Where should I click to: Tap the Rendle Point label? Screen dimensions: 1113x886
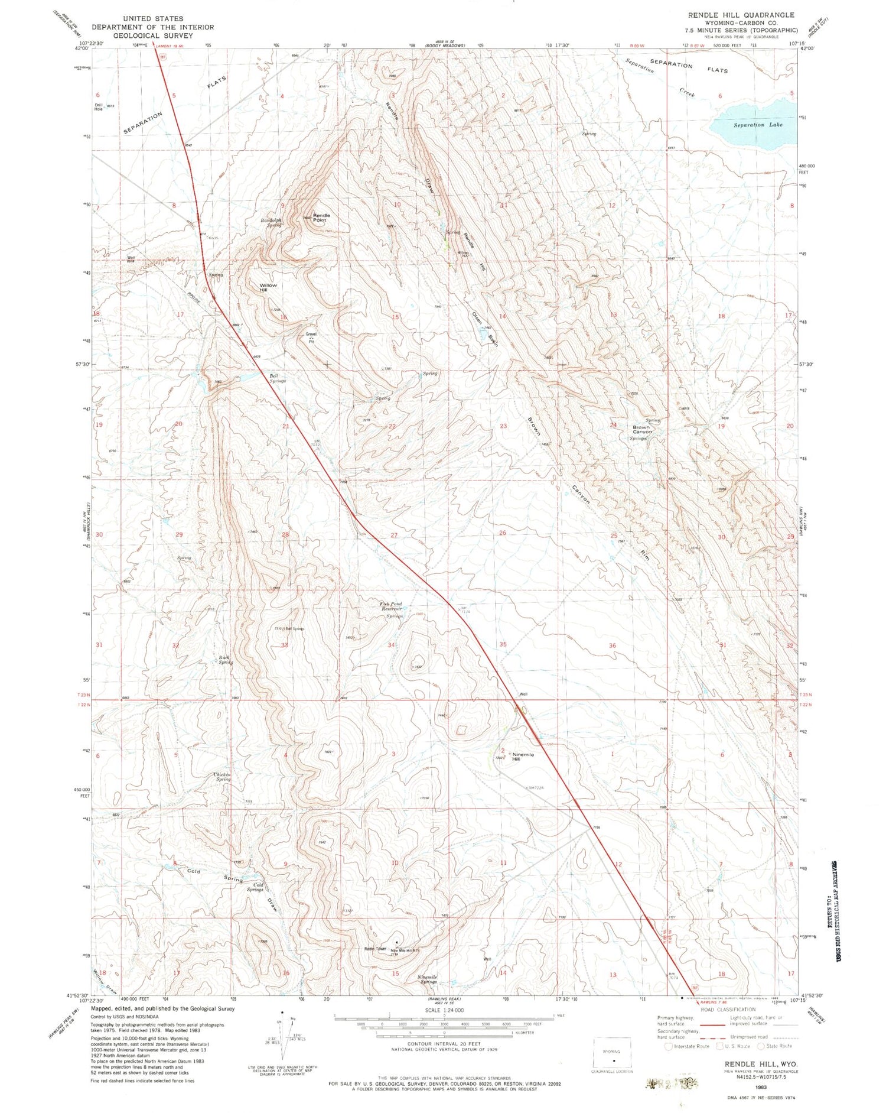coord(321,218)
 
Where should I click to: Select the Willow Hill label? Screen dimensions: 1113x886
coord(268,287)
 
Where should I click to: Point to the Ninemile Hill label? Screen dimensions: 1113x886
coord(523,757)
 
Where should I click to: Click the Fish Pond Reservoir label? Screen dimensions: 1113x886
coord(390,606)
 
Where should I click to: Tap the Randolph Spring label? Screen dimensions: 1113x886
coord(271,222)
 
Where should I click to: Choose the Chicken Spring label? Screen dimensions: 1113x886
coord(222,777)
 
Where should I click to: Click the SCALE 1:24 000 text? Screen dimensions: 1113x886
coord(443,1011)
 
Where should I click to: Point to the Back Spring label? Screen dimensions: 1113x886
coord(224,660)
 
